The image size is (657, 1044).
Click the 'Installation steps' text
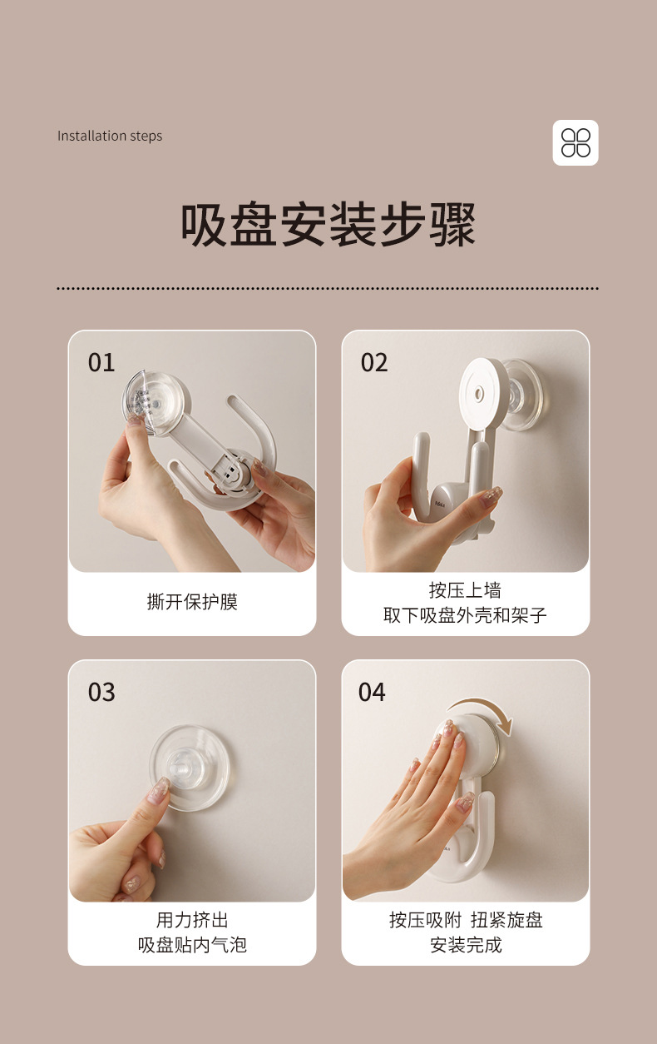point(110,136)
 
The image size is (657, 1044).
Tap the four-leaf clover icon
point(575,142)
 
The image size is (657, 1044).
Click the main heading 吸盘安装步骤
point(328,224)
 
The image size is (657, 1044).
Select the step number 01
point(101,362)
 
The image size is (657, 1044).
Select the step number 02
point(374,362)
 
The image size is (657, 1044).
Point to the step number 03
point(101,692)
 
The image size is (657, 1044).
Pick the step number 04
point(372,692)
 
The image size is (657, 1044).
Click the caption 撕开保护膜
point(192,602)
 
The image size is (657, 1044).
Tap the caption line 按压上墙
point(465,590)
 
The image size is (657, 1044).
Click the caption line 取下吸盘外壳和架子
point(465,615)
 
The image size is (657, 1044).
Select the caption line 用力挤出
point(192,920)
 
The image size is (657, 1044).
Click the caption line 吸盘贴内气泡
point(192,945)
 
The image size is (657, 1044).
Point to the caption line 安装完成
point(466,945)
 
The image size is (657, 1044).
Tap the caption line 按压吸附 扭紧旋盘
point(466,920)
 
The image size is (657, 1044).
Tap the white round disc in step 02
point(483,395)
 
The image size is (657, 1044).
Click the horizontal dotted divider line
point(328,289)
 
